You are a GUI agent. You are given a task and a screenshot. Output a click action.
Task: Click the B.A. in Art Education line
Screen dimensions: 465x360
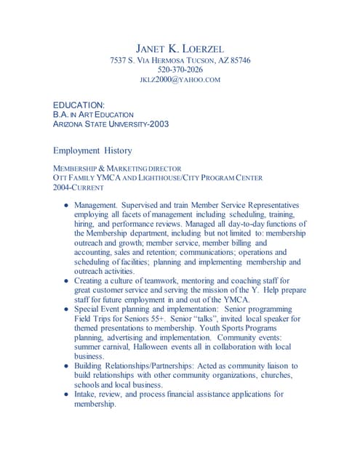93,115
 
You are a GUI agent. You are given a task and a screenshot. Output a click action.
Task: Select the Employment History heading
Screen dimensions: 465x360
92,150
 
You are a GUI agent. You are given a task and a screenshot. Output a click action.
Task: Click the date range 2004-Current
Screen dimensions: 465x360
79,187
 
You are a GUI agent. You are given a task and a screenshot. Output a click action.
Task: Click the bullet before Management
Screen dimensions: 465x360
66,206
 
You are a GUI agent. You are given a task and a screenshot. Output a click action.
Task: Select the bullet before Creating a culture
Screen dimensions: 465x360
66,280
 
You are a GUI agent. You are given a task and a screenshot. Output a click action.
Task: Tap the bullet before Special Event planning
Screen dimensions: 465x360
66,309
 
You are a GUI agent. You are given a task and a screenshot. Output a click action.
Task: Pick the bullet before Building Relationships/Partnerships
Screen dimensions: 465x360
66,366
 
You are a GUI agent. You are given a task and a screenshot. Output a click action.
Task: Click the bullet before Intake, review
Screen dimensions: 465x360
66,395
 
